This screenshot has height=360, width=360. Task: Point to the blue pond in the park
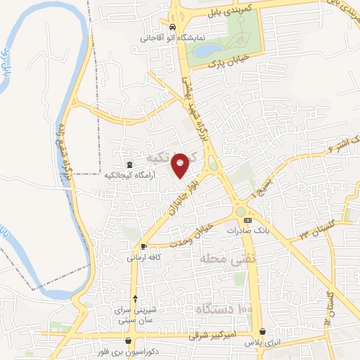pos(207,51)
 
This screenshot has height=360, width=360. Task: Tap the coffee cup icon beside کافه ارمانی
pos(143,247)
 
